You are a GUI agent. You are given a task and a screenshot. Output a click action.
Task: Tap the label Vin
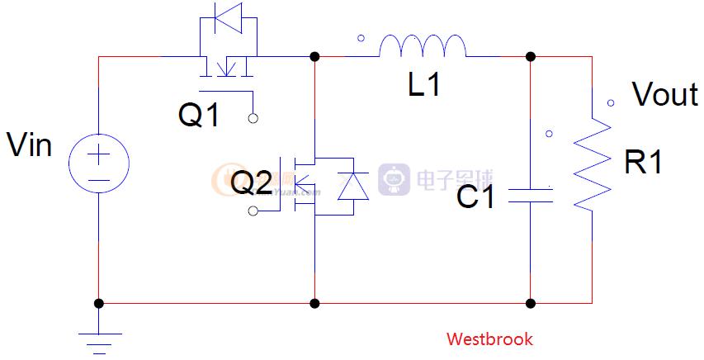pyautogui.click(x=30, y=146)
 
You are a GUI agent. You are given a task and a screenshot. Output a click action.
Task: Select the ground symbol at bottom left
pyautogui.click(x=99, y=338)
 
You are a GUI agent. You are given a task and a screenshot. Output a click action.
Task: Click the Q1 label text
pyautogui.click(x=200, y=116)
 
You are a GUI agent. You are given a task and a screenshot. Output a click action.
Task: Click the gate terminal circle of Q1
pyautogui.click(x=253, y=118)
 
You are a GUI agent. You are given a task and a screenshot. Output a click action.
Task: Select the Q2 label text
pyautogui.click(x=251, y=183)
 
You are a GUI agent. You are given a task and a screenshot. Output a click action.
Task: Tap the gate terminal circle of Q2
pyautogui.click(x=253, y=212)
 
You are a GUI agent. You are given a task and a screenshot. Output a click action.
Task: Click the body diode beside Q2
pyautogui.click(x=353, y=187)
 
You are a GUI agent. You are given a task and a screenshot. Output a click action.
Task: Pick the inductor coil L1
pyautogui.click(x=423, y=47)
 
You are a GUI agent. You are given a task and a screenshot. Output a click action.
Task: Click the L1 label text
pyautogui.click(x=424, y=85)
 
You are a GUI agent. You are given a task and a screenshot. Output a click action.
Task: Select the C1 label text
pyautogui.click(x=476, y=197)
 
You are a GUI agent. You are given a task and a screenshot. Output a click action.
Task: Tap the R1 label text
pyautogui.click(x=644, y=163)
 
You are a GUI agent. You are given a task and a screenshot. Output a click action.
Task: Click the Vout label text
pyautogui.click(x=665, y=95)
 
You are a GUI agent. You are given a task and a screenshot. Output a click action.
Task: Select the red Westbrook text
pyautogui.click(x=489, y=339)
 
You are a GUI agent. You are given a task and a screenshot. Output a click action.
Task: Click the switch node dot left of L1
pyautogui.click(x=314, y=56)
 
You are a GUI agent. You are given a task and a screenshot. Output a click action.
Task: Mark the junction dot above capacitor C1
pyautogui.click(x=531, y=56)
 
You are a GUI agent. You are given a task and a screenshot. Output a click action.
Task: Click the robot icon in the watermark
pyautogui.click(x=394, y=179)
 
